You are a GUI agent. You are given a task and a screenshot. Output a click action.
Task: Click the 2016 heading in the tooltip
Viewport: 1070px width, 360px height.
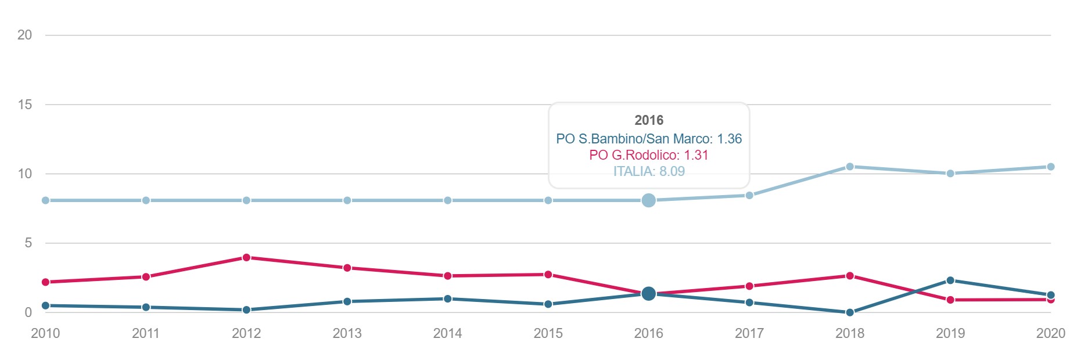648,120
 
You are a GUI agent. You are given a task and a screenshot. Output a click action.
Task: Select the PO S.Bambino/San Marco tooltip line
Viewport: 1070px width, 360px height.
648,139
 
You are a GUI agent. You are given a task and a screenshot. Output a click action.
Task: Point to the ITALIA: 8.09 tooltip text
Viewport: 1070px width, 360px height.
648,171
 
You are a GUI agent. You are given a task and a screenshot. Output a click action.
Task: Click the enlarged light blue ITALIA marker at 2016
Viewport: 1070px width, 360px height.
648,200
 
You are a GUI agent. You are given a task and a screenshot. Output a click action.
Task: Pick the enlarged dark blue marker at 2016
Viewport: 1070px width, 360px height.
648,294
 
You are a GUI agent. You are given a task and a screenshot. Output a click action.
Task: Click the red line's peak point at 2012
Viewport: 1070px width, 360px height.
246,257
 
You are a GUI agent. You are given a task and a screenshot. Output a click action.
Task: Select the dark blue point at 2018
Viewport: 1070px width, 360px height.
849,312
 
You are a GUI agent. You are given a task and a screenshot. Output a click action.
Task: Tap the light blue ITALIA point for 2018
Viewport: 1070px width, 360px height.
849,167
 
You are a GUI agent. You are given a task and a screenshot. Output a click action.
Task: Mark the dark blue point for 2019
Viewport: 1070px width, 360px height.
950,280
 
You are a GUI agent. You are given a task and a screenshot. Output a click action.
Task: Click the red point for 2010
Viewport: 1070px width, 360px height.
45,282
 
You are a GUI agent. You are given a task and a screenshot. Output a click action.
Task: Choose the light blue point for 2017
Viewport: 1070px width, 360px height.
749,196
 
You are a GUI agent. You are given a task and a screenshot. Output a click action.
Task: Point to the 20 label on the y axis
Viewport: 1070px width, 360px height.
24,35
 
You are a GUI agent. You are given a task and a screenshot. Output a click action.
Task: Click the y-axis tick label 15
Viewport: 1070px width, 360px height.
24,105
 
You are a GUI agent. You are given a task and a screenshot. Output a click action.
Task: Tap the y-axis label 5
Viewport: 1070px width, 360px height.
28,243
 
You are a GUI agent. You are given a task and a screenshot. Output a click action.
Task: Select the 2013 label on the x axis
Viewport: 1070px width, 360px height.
347,333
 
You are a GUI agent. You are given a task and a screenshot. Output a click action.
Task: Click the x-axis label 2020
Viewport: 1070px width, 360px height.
1050,333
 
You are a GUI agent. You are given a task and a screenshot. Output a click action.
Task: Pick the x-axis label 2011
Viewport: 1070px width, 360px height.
146,333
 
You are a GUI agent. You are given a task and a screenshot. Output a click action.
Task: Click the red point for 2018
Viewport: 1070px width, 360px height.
849,276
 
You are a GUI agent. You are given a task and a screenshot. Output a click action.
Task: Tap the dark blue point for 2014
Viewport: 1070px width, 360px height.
447,299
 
